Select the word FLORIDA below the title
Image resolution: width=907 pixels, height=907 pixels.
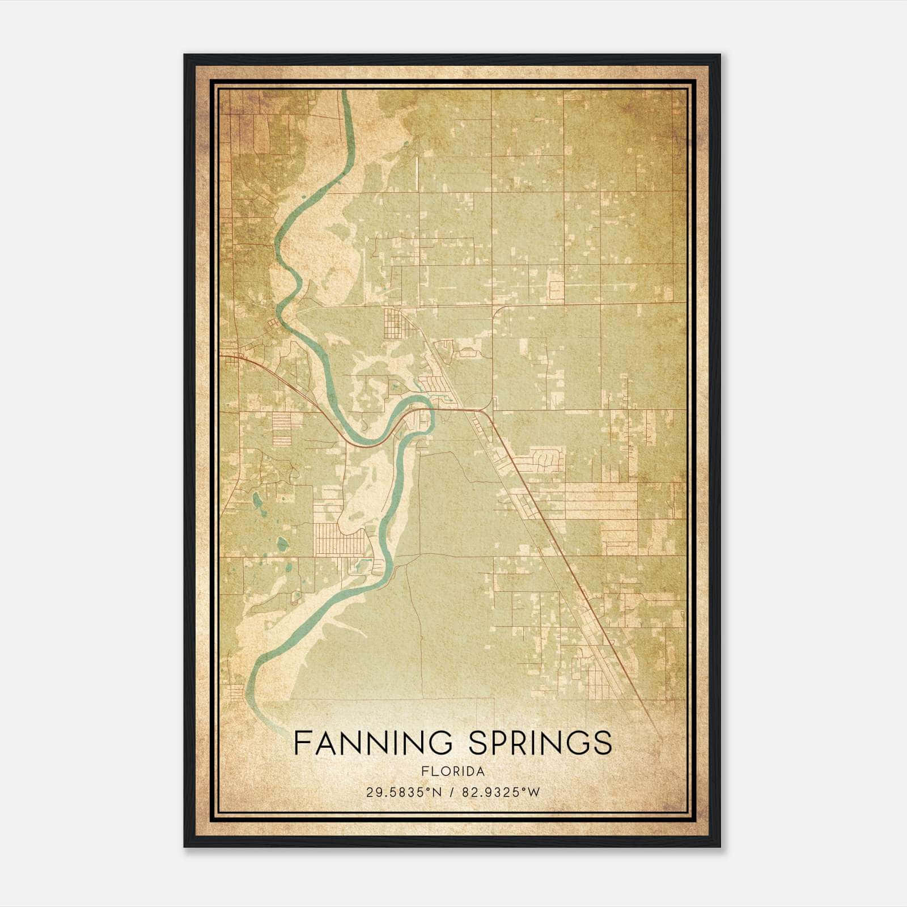(x=453, y=772)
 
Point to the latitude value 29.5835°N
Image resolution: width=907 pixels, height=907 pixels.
(x=403, y=792)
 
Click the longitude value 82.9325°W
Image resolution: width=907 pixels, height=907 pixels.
(x=501, y=792)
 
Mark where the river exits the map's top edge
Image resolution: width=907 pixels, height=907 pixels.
(x=345, y=92)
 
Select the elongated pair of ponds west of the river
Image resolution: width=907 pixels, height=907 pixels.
(x=257, y=501)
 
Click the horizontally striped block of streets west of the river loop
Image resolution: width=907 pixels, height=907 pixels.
(x=282, y=427)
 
